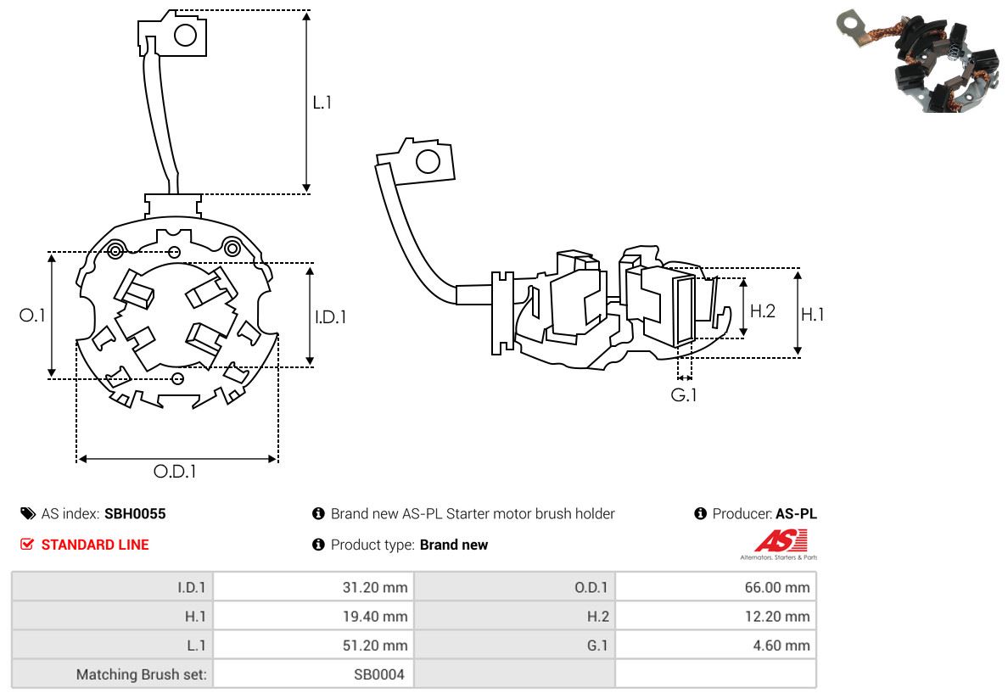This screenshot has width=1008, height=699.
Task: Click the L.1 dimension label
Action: (322, 103)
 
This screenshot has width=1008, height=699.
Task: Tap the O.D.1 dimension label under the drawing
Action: (175, 471)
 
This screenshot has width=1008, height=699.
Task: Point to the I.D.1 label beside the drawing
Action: (330, 316)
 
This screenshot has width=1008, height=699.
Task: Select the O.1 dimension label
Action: (32, 315)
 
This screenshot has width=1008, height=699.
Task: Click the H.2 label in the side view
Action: (762, 310)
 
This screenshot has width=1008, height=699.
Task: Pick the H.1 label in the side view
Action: (812, 314)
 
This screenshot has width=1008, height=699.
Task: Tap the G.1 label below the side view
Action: (684, 394)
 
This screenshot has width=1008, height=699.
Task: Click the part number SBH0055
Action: (135, 514)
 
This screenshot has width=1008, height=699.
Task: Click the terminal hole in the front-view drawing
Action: (186, 35)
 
